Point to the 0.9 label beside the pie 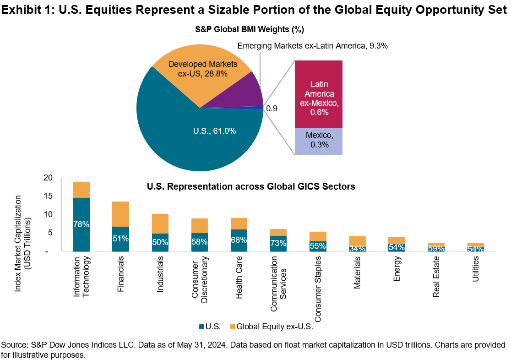(x=272, y=109)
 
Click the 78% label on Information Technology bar (x=81, y=224)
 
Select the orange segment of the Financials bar (x=120, y=214)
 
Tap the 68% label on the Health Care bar (x=239, y=240)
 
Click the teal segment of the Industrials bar (x=160, y=242)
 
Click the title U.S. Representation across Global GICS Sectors (x=251, y=186)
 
